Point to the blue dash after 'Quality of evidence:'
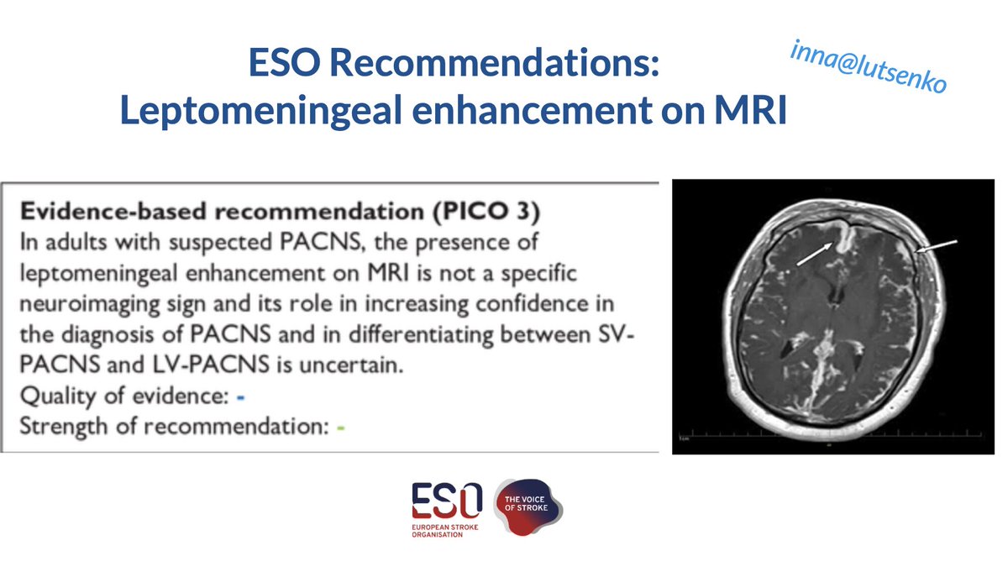coord(241,394)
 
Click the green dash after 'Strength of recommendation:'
coord(341,428)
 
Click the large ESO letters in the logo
coord(446,501)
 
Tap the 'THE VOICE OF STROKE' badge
coord(528,508)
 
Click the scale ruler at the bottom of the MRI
coord(756,436)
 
